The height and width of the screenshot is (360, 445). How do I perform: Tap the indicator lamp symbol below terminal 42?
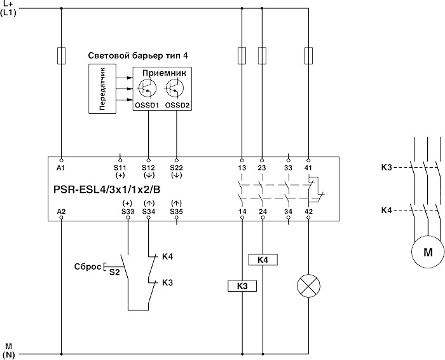tap(308, 287)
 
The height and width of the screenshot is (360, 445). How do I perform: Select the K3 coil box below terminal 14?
tap(242, 286)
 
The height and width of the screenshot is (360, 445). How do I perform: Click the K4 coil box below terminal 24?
tap(262, 260)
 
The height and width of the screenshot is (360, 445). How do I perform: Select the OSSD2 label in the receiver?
tap(177, 105)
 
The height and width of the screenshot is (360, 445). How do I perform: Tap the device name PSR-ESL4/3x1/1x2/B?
tap(101, 190)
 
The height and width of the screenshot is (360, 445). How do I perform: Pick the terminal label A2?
tap(61, 211)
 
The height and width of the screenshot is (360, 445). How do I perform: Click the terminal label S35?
tap(176, 211)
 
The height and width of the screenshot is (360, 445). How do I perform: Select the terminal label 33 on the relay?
tap(289, 167)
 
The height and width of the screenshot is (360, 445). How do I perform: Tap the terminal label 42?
tap(309, 211)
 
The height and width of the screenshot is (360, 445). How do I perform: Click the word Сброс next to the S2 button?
tap(88, 266)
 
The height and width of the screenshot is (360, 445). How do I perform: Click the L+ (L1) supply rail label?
tap(9, 8)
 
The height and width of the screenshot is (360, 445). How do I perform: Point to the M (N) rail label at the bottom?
tap(9, 349)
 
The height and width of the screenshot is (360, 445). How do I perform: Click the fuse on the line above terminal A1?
tap(61, 55)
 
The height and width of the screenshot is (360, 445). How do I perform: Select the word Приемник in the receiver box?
tap(162, 73)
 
